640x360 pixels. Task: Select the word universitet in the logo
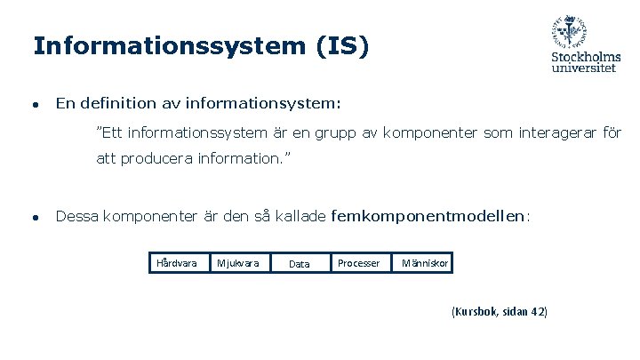click(584, 68)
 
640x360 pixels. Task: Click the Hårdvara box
click(176, 263)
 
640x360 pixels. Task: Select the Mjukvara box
click(238, 263)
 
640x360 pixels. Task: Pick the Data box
click(300, 263)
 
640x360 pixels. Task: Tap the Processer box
click(359, 263)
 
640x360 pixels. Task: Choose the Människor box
click(424, 263)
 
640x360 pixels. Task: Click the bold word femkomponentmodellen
click(428, 215)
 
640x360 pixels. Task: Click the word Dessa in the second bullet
click(76, 215)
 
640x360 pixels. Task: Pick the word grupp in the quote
click(335, 134)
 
